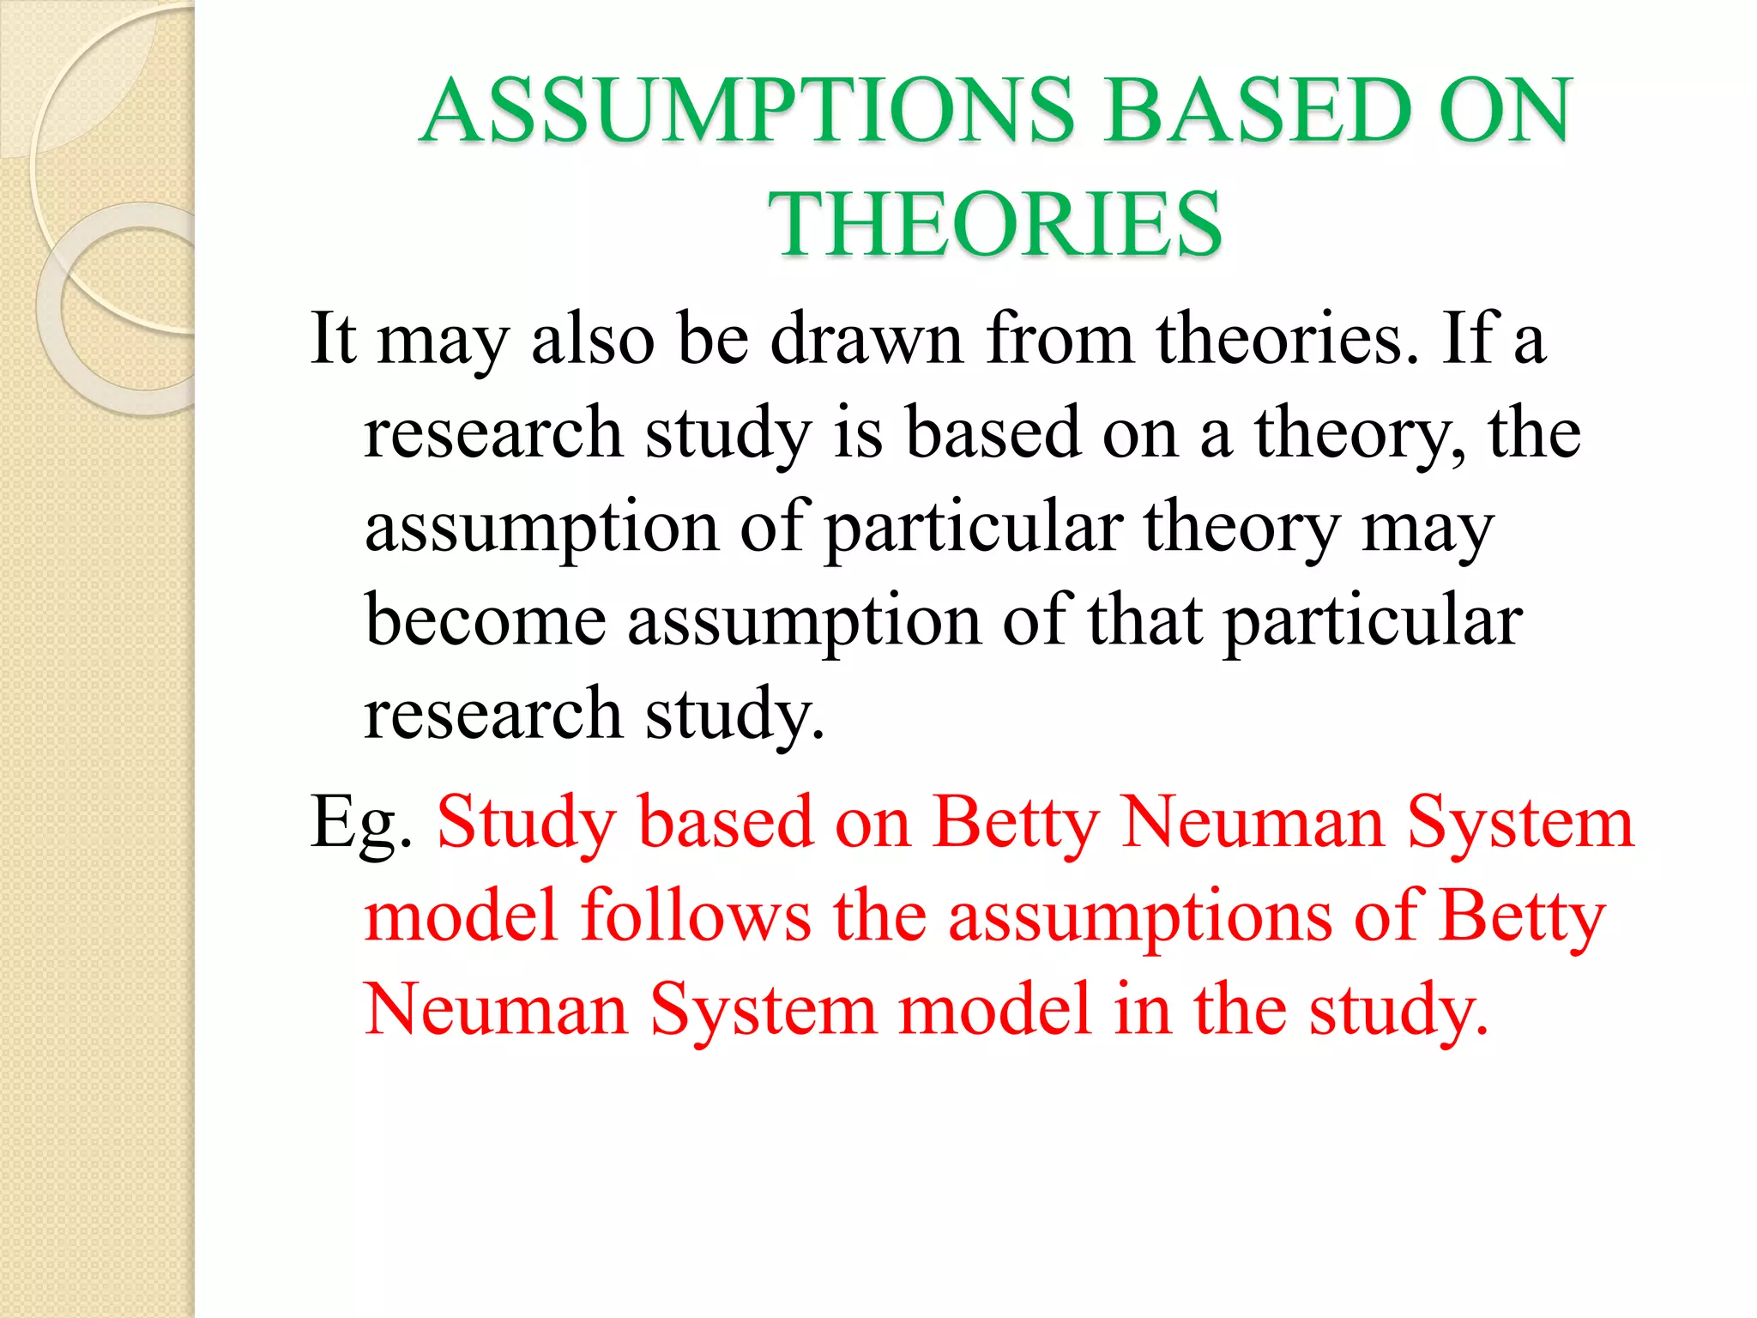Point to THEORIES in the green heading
pos(995,224)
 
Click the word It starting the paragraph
pos(333,338)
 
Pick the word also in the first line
pos(593,338)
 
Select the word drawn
pos(867,338)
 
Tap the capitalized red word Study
pos(527,822)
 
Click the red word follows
pos(696,916)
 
